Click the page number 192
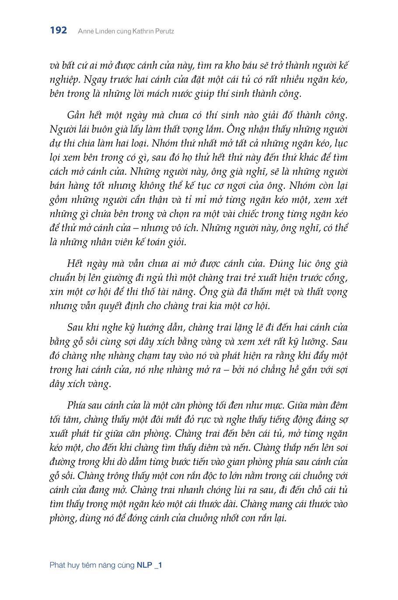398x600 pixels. pos(58,31)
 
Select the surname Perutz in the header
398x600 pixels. pos(163,31)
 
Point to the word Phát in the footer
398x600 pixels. pos(58,565)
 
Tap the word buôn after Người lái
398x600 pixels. pos(105,130)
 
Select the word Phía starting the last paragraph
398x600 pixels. pos(77,405)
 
